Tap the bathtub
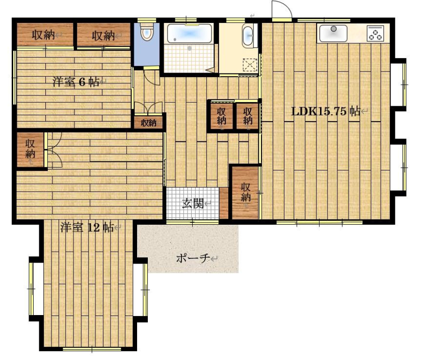click(189, 33)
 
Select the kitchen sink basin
click(333, 33)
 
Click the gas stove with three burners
click(375, 33)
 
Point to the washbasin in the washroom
click(247, 36)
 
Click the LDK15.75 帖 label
click(326, 111)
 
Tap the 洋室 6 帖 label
click(76, 81)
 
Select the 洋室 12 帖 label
click(87, 228)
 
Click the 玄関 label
click(193, 203)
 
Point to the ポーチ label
click(193, 258)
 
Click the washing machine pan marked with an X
click(250, 65)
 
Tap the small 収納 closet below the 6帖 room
click(148, 123)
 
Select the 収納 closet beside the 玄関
click(245, 192)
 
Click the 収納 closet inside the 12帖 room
click(30, 150)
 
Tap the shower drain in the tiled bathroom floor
click(189, 49)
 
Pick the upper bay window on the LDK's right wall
click(398, 84)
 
